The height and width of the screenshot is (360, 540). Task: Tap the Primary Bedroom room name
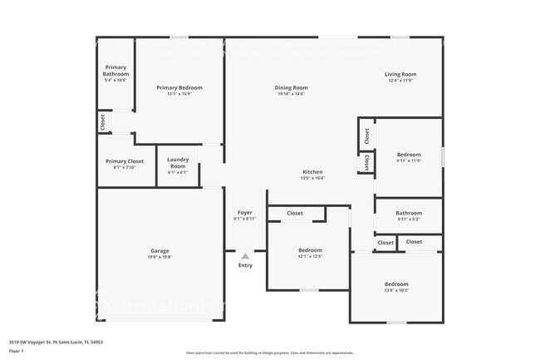[179, 87]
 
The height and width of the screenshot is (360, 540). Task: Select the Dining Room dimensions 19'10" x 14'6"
[292, 94]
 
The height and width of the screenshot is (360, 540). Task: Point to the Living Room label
[400, 74]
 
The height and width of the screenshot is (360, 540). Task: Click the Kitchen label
[312, 171]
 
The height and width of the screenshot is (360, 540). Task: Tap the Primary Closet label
[125, 160]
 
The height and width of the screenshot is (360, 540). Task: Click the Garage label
[160, 250]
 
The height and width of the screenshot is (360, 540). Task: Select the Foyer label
[245, 212]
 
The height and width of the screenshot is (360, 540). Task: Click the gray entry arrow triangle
[245, 256]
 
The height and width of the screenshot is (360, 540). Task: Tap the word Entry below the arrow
[245, 265]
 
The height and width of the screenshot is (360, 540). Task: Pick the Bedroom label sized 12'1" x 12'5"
[310, 249]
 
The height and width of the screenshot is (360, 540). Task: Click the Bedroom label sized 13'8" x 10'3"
[395, 284]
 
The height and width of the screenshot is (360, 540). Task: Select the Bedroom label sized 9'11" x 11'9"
[408, 154]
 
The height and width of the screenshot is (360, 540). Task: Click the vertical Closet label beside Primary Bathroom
[102, 122]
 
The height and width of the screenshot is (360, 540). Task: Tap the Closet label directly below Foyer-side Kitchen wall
[295, 214]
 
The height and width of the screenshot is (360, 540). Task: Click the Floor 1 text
[17, 352]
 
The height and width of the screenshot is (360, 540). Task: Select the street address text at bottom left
[56, 341]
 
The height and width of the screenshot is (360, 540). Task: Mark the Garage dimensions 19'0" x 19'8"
[160, 257]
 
